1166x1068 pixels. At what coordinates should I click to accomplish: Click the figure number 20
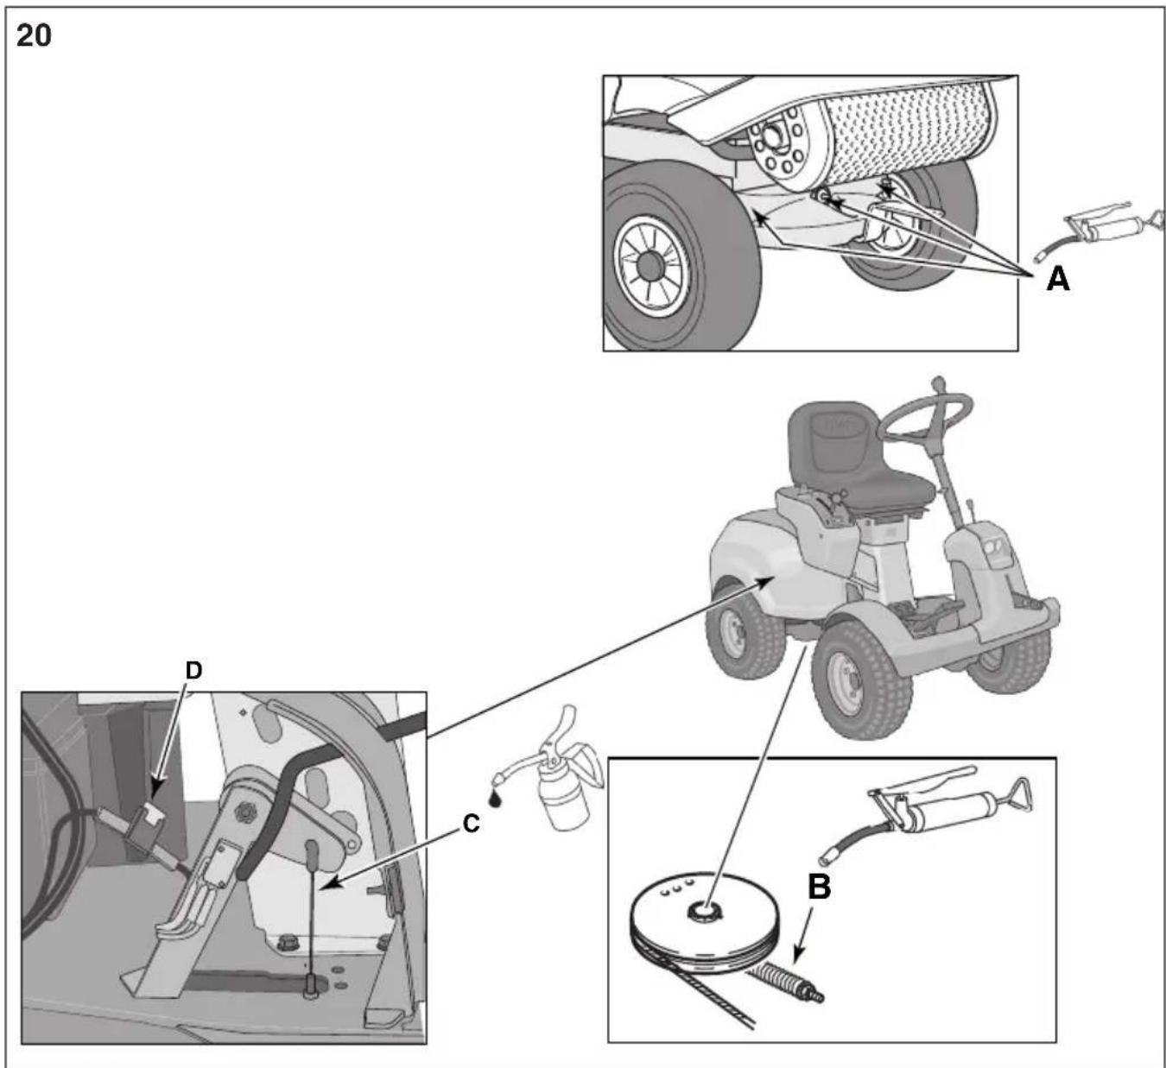point(34,35)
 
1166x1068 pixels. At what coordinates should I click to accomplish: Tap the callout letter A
point(1057,280)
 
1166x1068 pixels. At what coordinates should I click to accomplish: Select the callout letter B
point(819,888)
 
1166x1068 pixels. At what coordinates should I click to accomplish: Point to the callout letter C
point(472,824)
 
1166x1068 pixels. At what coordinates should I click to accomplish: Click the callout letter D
point(193,671)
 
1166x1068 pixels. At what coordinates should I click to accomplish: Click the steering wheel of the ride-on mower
point(924,417)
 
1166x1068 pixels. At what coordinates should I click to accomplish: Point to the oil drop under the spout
point(495,799)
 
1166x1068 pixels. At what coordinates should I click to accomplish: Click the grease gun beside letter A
point(1099,231)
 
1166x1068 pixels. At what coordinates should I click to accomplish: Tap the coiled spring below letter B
point(785,983)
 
